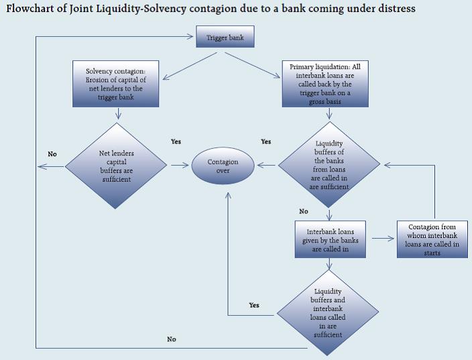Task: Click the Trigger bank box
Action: [225, 38]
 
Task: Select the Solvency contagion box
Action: [117, 83]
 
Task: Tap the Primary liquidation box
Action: [329, 84]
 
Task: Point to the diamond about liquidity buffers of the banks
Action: [328, 165]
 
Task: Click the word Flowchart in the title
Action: [34, 9]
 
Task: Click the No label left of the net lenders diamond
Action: [52, 154]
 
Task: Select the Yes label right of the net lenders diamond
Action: [176, 142]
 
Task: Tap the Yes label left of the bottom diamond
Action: [254, 305]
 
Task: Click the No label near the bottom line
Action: [172, 339]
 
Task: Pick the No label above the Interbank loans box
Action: [304, 211]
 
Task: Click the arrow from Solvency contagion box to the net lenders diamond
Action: [118, 113]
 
